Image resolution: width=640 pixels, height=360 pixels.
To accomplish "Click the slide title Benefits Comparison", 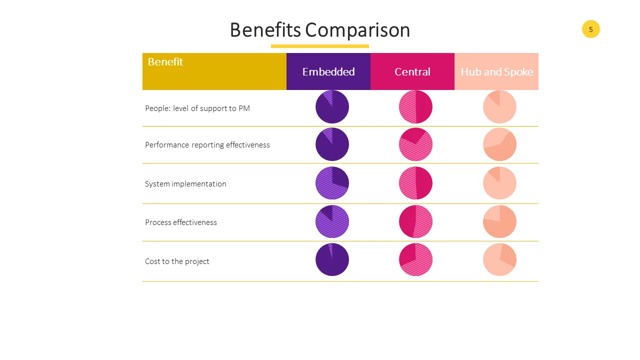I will coord(320,30).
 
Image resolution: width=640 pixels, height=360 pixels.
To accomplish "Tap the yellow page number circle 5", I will coord(590,29).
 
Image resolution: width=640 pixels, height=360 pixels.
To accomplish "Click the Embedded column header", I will coord(328,71).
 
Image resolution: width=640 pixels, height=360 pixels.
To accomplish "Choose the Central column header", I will coord(412,71).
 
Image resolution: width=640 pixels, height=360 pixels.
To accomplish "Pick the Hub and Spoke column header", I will coord(496,71).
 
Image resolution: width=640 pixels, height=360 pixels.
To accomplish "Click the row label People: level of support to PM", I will coord(197,108).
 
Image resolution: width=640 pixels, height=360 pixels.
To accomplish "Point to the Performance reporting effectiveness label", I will coord(207,145).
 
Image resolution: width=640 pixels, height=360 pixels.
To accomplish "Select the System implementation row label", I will coord(185,184).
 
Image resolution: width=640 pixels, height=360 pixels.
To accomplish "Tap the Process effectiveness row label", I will coord(181,222).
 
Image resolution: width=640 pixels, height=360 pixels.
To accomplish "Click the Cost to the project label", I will coord(177,261).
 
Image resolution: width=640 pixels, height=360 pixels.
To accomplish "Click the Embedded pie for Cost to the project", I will coord(332,259).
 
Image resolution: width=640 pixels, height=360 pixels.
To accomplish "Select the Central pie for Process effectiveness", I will coord(415,221).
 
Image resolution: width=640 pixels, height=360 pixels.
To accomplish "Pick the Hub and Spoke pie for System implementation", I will coord(499,183).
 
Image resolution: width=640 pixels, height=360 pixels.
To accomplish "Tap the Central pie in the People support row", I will coord(415,107).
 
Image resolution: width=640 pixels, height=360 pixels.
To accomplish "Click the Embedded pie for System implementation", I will coord(332,183).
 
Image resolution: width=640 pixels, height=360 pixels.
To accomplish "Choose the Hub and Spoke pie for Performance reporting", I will coord(499,144).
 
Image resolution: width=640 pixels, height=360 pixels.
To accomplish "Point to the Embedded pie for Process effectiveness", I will coord(332,221).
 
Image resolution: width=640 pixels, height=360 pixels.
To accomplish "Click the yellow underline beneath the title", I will coord(320,46).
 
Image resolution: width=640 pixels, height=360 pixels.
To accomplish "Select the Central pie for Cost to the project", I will coord(415,259).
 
